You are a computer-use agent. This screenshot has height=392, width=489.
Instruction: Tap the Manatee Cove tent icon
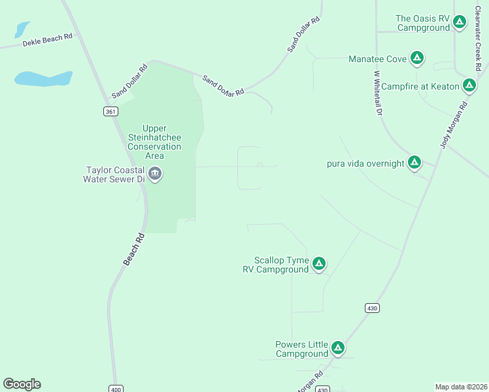click(x=417, y=59)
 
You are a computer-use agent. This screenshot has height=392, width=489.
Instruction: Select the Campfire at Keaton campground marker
click(x=469, y=86)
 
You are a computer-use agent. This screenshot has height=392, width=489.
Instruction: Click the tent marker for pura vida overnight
click(x=414, y=163)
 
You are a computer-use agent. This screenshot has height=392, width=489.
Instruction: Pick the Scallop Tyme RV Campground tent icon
click(x=318, y=264)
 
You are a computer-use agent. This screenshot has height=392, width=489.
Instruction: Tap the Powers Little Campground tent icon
click(x=338, y=348)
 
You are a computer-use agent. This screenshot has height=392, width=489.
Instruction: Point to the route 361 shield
click(x=110, y=112)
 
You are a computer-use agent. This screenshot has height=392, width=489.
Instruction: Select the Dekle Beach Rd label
click(x=47, y=41)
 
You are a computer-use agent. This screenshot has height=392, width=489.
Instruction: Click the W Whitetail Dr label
click(x=377, y=93)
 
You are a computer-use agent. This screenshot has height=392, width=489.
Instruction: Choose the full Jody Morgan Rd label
click(x=454, y=125)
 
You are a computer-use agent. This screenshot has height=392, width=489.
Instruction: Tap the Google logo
click(x=22, y=384)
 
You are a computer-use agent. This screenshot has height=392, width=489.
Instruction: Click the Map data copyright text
click(x=461, y=386)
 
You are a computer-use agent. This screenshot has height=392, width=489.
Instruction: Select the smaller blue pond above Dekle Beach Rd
click(x=22, y=29)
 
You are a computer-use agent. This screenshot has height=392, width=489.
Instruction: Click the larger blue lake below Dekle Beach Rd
click(x=43, y=78)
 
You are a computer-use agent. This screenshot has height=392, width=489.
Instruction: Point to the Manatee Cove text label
click(x=377, y=59)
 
